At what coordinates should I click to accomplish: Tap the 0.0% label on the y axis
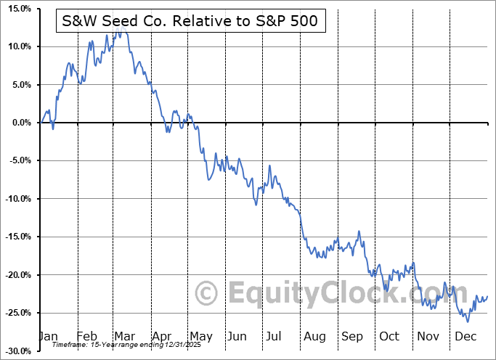point(19,123)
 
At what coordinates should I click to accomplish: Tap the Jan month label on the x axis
point(48,336)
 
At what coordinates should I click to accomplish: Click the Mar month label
point(124,336)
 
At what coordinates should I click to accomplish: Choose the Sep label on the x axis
point(352,336)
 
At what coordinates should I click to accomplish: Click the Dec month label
point(465,336)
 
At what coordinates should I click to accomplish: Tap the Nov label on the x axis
point(428,336)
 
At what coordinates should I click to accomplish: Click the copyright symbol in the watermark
point(208,293)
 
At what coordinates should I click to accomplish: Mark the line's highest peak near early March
point(124,30)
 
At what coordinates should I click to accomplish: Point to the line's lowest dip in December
point(468,321)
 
